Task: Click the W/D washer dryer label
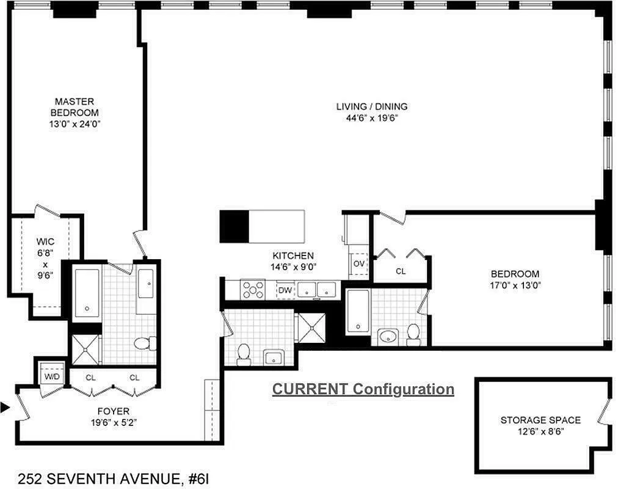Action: tap(51, 376)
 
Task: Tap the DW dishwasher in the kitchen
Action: tap(285, 290)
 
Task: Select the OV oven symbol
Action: tap(359, 263)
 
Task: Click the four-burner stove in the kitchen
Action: tap(252, 289)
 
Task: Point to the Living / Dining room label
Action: tap(371, 106)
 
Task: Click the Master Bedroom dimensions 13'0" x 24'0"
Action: tap(75, 123)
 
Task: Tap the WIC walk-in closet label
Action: tap(45, 242)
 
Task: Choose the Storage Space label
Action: tap(540, 420)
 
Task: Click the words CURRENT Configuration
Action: tap(363, 389)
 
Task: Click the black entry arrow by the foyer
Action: tap(5, 406)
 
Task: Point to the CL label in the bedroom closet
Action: tap(401, 271)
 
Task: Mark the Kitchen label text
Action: tap(293, 256)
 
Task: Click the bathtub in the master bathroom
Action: tap(87, 292)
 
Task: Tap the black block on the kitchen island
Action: tap(234, 226)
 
